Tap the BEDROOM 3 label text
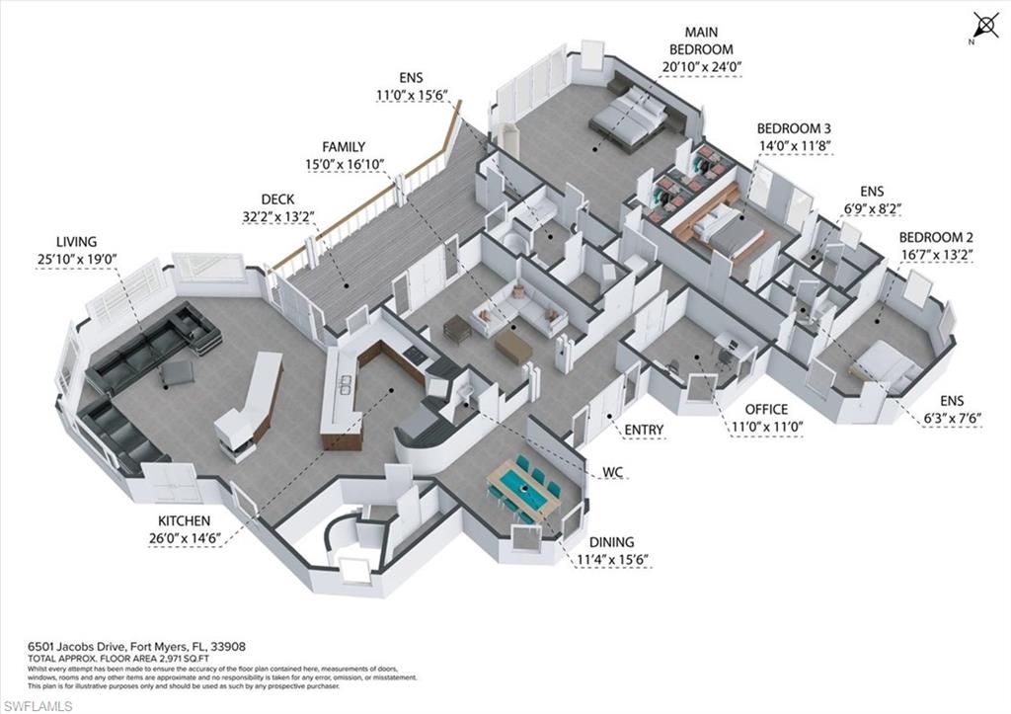(794, 128)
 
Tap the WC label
(614, 473)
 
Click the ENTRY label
(644, 430)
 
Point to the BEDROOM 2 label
(936, 237)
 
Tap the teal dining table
(522, 484)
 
